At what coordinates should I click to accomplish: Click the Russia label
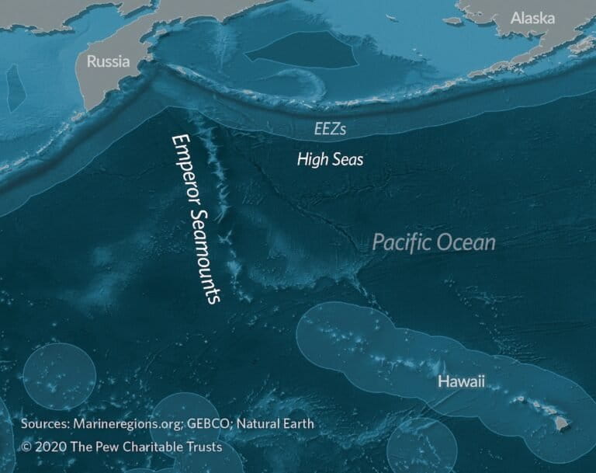tap(108, 61)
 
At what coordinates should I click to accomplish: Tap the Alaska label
tap(533, 18)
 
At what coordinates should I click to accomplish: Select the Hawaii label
tap(460, 381)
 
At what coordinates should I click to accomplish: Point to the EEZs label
tap(330, 130)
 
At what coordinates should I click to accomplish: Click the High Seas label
tap(331, 160)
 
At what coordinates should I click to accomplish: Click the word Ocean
tap(466, 243)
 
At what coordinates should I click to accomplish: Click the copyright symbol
tap(27, 447)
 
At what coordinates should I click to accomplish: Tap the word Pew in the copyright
tap(105, 447)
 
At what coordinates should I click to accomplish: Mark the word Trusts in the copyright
tap(203, 447)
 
